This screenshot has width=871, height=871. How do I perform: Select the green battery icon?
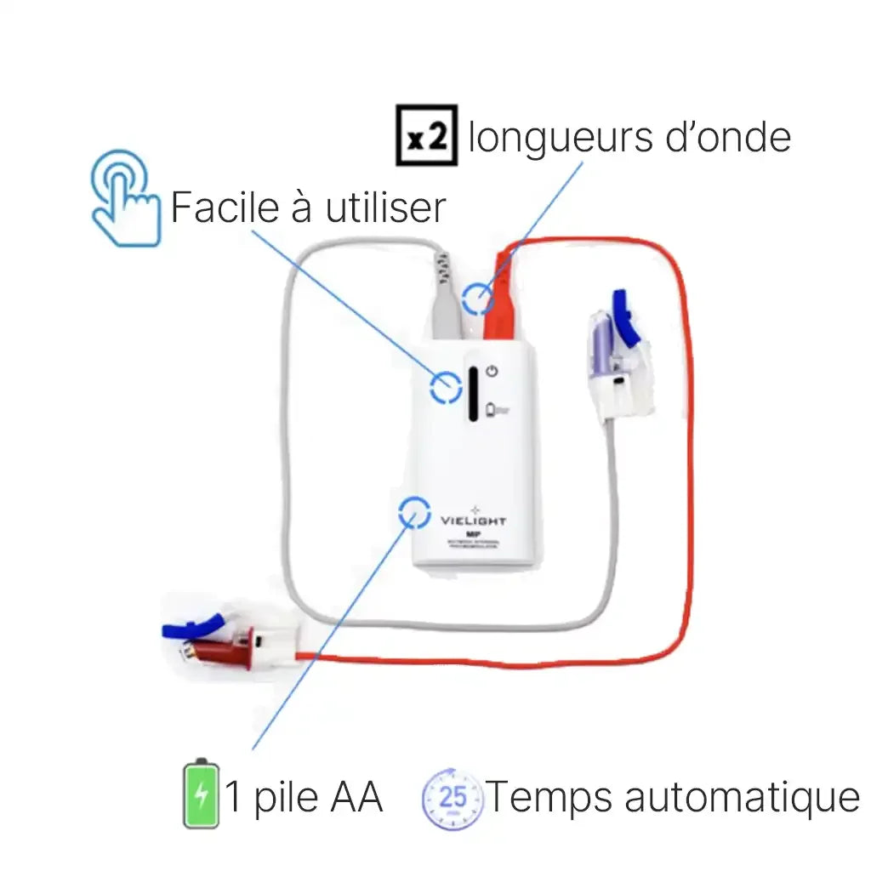pos(201,793)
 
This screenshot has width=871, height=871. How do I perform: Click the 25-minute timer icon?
pos(453,798)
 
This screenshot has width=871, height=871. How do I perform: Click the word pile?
pos(284,798)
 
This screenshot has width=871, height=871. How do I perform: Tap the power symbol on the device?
pos(492,371)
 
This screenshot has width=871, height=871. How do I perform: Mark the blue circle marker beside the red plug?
pos(476,299)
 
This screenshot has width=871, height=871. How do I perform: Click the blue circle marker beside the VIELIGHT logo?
pos(414,513)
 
